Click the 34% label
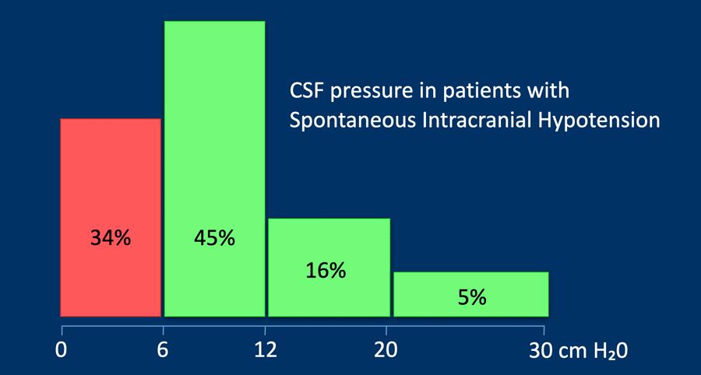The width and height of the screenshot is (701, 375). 111,238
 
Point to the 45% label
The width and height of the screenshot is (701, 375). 214,238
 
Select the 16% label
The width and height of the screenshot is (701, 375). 326,271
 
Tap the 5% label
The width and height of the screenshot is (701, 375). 472,297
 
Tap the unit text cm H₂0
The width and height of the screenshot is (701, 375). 594,350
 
